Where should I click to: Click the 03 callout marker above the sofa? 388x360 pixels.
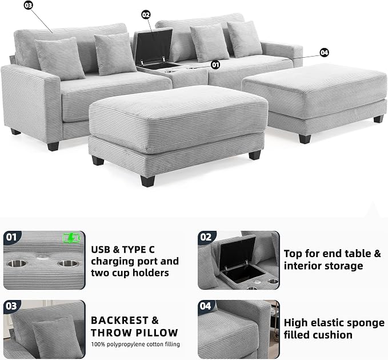pyautogui.click(x=29, y=5)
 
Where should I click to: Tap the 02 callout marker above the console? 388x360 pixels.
pyautogui.click(x=146, y=15)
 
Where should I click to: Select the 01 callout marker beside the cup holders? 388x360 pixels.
pyautogui.click(x=215, y=65)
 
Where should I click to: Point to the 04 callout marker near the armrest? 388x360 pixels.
pyautogui.click(x=324, y=53)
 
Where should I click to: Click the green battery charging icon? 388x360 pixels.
pyautogui.click(x=71, y=238)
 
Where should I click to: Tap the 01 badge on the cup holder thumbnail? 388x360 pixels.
pyautogui.click(x=11, y=237)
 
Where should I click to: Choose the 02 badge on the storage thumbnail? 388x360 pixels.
pyautogui.click(x=206, y=237)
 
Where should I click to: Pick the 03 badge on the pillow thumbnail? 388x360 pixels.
pyautogui.click(x=11, y=306)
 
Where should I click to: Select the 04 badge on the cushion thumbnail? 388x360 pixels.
pyautogui.click(x=206, y=306)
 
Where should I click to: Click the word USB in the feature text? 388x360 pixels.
pyautogui.click(x=101, y=250)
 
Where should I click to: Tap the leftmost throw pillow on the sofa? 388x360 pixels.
pyautogui.click(x=60, y=59)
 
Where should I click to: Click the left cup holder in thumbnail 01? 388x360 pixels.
pyautogui.click(x=17, y=263)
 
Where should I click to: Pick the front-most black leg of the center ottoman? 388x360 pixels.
pyautogui.click(x=147, y=181)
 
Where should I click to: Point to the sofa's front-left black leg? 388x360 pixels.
pyautogui.click(x=53, y=146)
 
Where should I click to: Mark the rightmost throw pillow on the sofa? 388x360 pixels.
pyautogui.click(x=244, y=39)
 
